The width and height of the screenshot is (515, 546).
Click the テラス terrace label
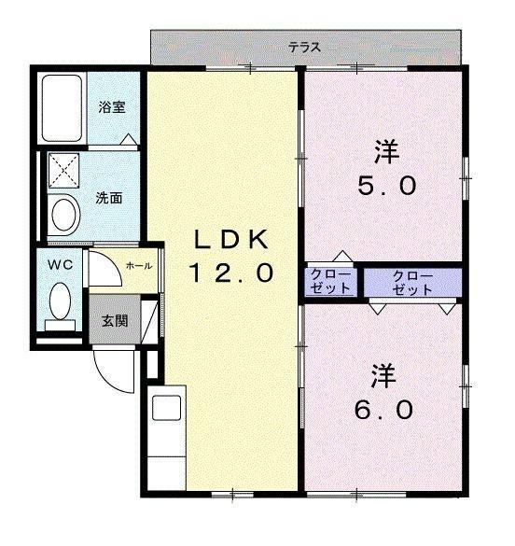click(x=304, y=47)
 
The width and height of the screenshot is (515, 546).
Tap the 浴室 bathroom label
click(x=112, y=107)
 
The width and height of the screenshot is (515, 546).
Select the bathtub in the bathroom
click(x=62, y=108)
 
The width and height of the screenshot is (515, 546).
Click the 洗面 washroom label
click(x=109, y=198)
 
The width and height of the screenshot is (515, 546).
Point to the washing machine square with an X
click(x=63, y=171)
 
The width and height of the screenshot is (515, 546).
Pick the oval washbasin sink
click(x=63, y=215)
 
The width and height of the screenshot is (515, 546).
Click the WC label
click(x=61, y=265)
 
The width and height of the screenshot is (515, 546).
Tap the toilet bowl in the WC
click(x=61, y=301)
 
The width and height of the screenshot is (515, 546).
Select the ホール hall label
click(x=139, y=266)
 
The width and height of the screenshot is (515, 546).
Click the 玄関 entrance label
click(x=115, y=321)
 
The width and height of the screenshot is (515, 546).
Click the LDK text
click(x=231, y=239)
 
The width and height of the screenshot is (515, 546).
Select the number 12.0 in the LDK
click(x=231, y=273)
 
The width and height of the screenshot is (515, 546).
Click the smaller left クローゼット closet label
click(x=330, y=281)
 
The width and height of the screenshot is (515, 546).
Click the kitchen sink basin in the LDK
click(x=167, y=408)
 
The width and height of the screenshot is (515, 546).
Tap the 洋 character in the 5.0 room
click(x=386, y=151)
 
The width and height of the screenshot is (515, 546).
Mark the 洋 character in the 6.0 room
click(x=383, y=376)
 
